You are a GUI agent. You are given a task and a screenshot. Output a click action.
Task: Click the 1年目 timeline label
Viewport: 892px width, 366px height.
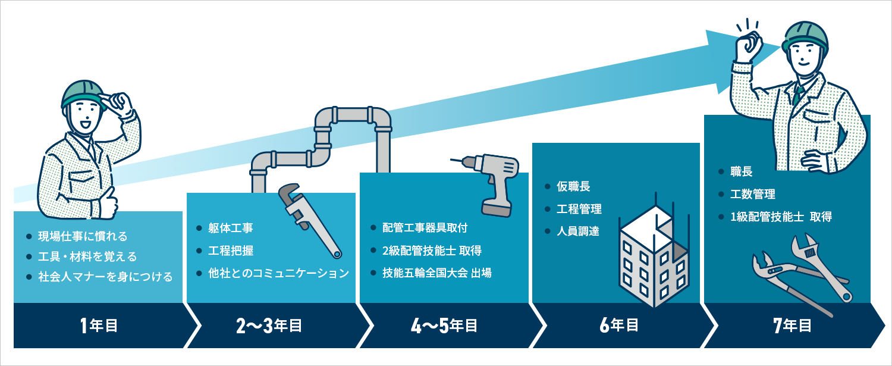tap(99, 326)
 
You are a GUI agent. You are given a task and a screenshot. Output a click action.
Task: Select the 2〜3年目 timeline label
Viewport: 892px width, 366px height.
tap(269, 326)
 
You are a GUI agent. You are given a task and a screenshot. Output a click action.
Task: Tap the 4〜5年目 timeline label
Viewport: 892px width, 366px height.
tap(444, 326)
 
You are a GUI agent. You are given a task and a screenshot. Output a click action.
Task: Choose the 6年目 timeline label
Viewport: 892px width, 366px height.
tap(619, 326)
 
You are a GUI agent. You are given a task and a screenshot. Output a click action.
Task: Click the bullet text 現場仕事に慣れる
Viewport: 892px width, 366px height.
tap(83, 237)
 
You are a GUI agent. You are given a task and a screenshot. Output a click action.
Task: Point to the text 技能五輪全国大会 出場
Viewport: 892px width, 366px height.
tap(436, 273)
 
